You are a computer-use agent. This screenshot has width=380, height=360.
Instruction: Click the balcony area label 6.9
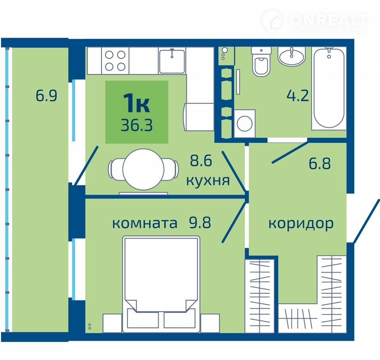(46, 95)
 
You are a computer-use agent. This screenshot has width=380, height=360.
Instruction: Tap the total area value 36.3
(137, 125)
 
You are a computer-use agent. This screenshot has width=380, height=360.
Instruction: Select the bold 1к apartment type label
(137, 103)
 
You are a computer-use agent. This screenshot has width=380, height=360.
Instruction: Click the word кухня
(208, 181)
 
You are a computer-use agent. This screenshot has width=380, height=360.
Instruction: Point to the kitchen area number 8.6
(201, 161)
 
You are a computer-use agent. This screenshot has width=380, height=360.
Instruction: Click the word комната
(145, 224)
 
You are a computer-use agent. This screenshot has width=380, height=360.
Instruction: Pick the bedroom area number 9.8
(200, 222)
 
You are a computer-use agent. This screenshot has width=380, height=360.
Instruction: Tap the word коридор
(301, 224)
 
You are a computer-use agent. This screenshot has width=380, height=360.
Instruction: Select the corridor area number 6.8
(320, 163)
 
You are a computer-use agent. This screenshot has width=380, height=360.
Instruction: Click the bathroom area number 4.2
(298, 95)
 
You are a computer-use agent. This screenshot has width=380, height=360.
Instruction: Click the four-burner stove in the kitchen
(115, 61)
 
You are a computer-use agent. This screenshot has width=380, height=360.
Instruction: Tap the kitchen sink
(172, 61)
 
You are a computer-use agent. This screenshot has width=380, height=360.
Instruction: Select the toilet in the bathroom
(261, 61)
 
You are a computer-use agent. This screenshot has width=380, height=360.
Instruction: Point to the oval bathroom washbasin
(291, 56)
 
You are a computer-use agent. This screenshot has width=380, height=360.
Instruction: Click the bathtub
(329, 88)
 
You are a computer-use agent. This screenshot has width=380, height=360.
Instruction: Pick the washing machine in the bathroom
(245, 123)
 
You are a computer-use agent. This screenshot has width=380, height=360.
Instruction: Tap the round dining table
(143, 169)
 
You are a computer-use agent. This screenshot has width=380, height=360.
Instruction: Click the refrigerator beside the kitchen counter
(199, 117)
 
